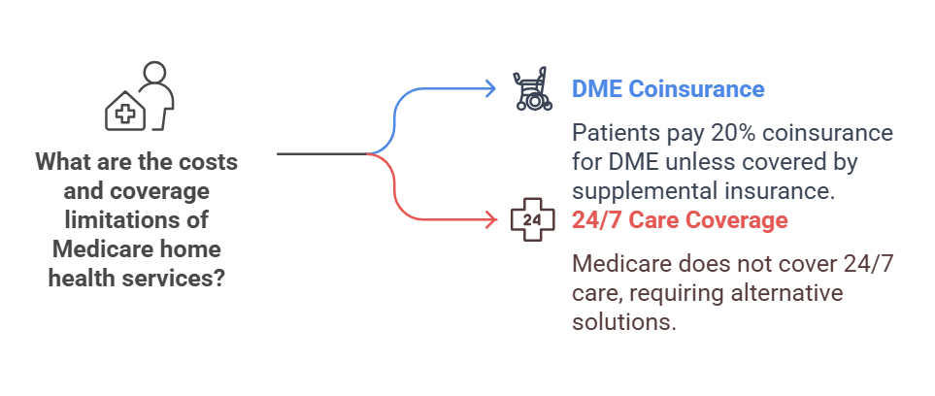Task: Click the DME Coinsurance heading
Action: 668,89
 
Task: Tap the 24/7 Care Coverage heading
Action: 679,220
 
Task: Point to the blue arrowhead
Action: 491,89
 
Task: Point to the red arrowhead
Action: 491,220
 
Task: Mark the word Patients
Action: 614,132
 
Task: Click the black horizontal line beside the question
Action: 320,153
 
